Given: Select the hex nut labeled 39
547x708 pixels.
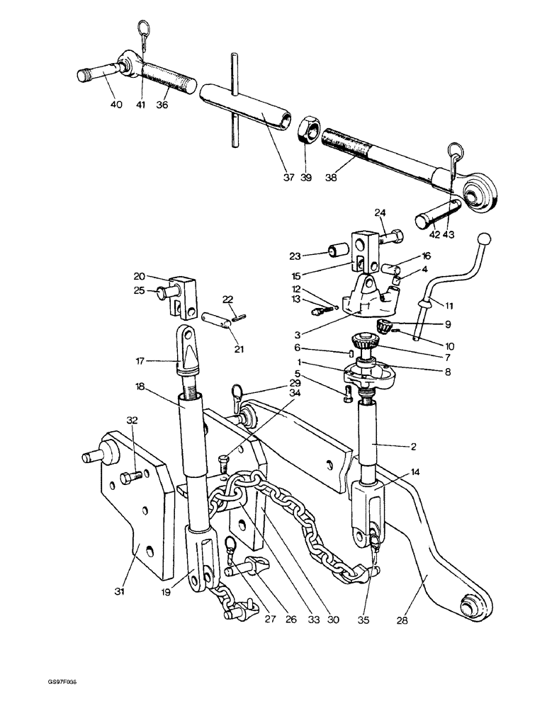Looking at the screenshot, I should point(310,130).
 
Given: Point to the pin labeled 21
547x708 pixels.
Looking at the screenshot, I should point(216,319).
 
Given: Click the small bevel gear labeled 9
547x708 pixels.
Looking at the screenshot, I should point(384,327).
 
